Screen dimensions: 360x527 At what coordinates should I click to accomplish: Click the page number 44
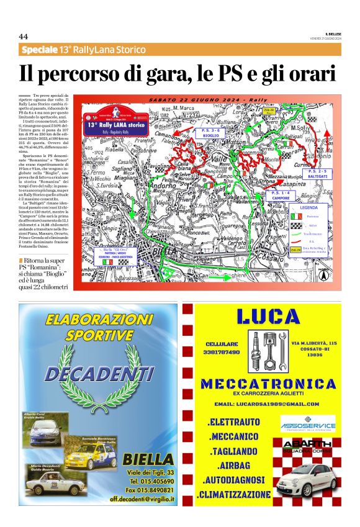(x=24, y=36)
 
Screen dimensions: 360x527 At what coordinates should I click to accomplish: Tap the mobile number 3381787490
(x=222, y=352)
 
